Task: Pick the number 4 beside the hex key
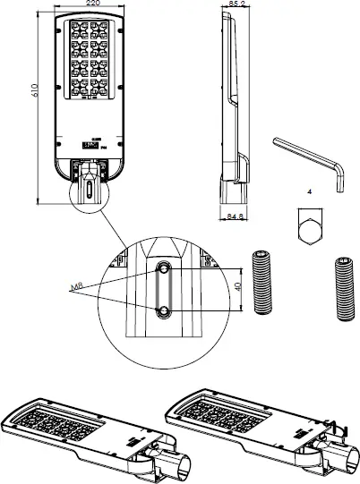308,191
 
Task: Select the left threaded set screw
263,281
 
